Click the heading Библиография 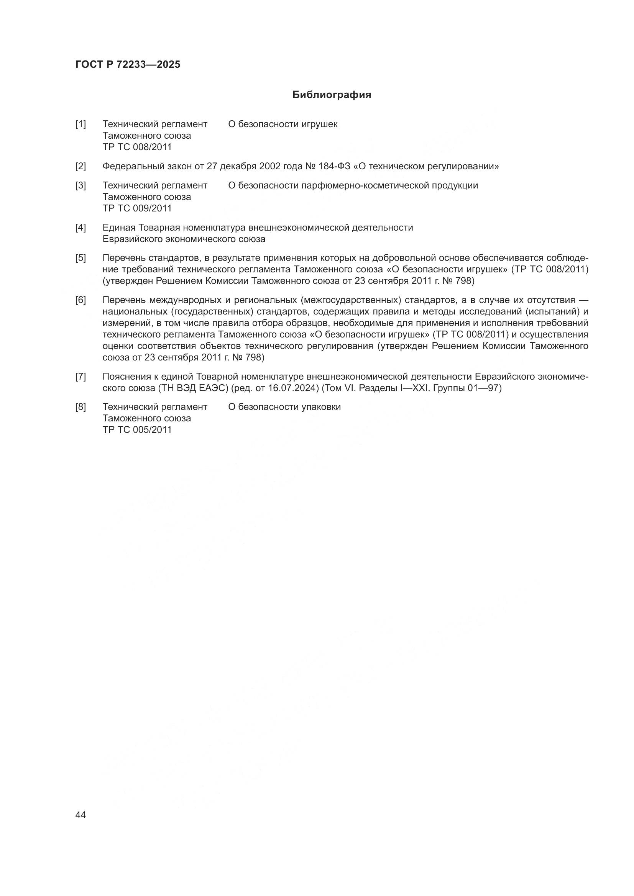tap(332, 95)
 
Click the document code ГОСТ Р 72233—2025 tap(128, 65)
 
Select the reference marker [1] tap(81, 124)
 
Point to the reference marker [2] tap(81, 167)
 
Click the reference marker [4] tap(81, 228)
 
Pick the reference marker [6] tap(81, 300)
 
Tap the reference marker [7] tap(81, 377)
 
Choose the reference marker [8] tap(81, 407)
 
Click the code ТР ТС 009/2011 tap(137, 208)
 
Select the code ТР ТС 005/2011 tap(137, 430)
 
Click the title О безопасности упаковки tap(284, 407)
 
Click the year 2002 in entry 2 tap(270, 167)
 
